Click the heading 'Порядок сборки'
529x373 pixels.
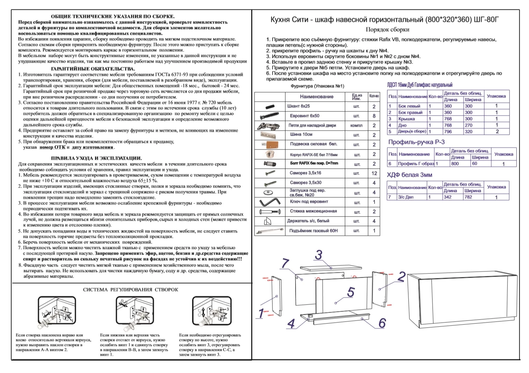pyautogui.click(x=387, y=30)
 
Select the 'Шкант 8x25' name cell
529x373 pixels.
pyautogui.click(x=298, y=106)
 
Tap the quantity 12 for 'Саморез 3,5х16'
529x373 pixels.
pyautogui.click(x=374, y=173)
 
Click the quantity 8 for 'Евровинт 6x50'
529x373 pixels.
pyautogui.click(x=374, y=116)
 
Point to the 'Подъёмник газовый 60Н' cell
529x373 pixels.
pyautogui.click(x=313, y=231)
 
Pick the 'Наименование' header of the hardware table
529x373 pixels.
pyautogui.click(x=317, y=97)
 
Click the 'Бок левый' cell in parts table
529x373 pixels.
pyautogui.click(x=409, y=106)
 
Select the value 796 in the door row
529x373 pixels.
pyautogui.click(x=448, y=132)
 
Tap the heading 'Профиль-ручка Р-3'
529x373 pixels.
pyautogui.click(x=416, y=142)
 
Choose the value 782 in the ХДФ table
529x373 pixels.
pyautogui.click(x=468, y=197)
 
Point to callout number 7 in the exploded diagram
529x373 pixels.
pyautogui.click(x=285, y=263)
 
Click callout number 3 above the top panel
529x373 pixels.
pyautogui.click(x=318, y=255)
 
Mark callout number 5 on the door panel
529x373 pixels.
pyautogui.click(x=351, y=292)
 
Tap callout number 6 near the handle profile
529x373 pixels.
pyautogui.click(x=382, y=323)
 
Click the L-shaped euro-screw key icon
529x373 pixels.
pyautogui.click(x=269, y=202)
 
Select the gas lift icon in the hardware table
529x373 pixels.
pyautogui.click(x=269, y=231)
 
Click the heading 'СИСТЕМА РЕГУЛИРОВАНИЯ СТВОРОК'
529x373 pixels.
pyautogui.click(x=130, y=290)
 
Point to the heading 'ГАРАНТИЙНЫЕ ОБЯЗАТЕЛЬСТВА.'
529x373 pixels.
pyautogui.click(x=93, y=69)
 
